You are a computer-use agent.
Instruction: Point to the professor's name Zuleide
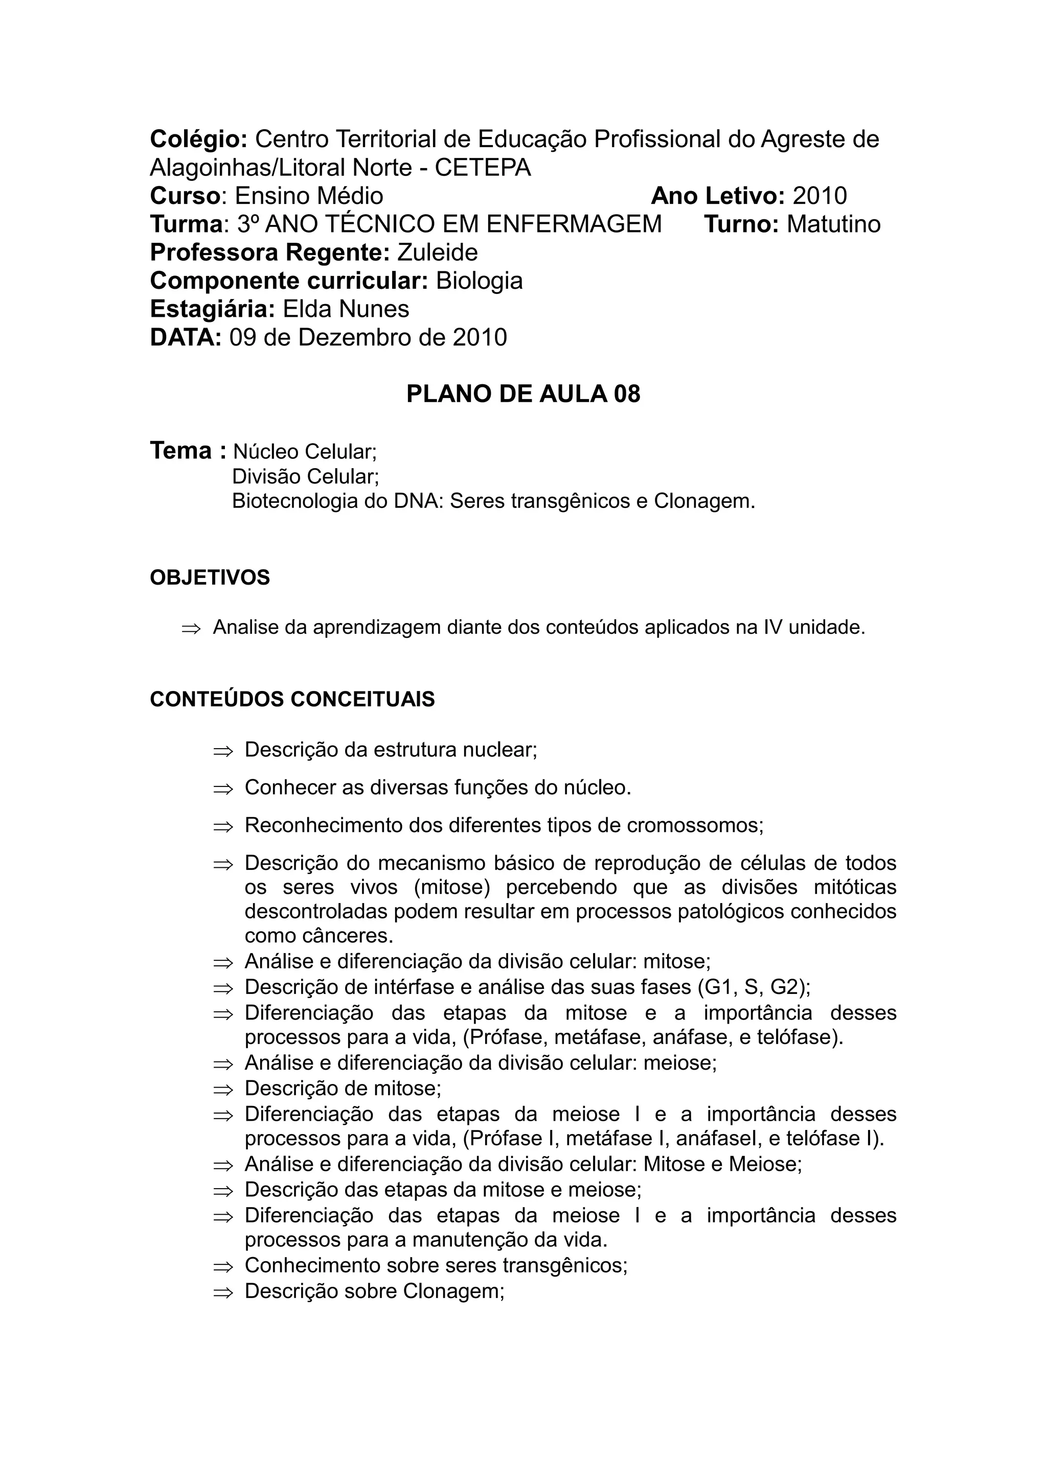click(437, 252)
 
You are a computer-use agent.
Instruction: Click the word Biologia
click(479, 281)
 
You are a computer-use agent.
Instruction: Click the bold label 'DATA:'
click(186, 338)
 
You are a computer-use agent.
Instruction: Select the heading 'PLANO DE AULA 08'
click(523, 394)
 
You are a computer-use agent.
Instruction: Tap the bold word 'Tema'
click(180, 451)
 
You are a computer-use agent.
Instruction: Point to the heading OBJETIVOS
click(210, 577)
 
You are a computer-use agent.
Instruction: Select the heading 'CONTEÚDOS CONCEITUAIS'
click(292, 700)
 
